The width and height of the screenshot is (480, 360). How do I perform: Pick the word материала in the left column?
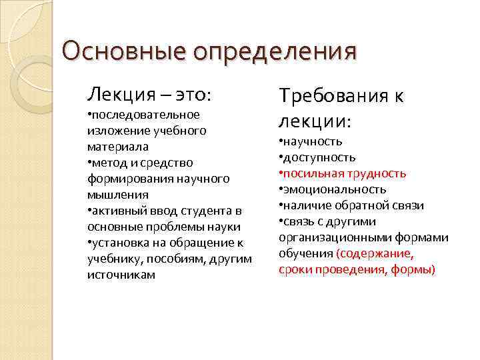117,146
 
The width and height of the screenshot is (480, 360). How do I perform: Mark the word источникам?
121,274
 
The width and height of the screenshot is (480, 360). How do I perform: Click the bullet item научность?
313,141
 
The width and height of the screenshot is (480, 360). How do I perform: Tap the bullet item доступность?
319,157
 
